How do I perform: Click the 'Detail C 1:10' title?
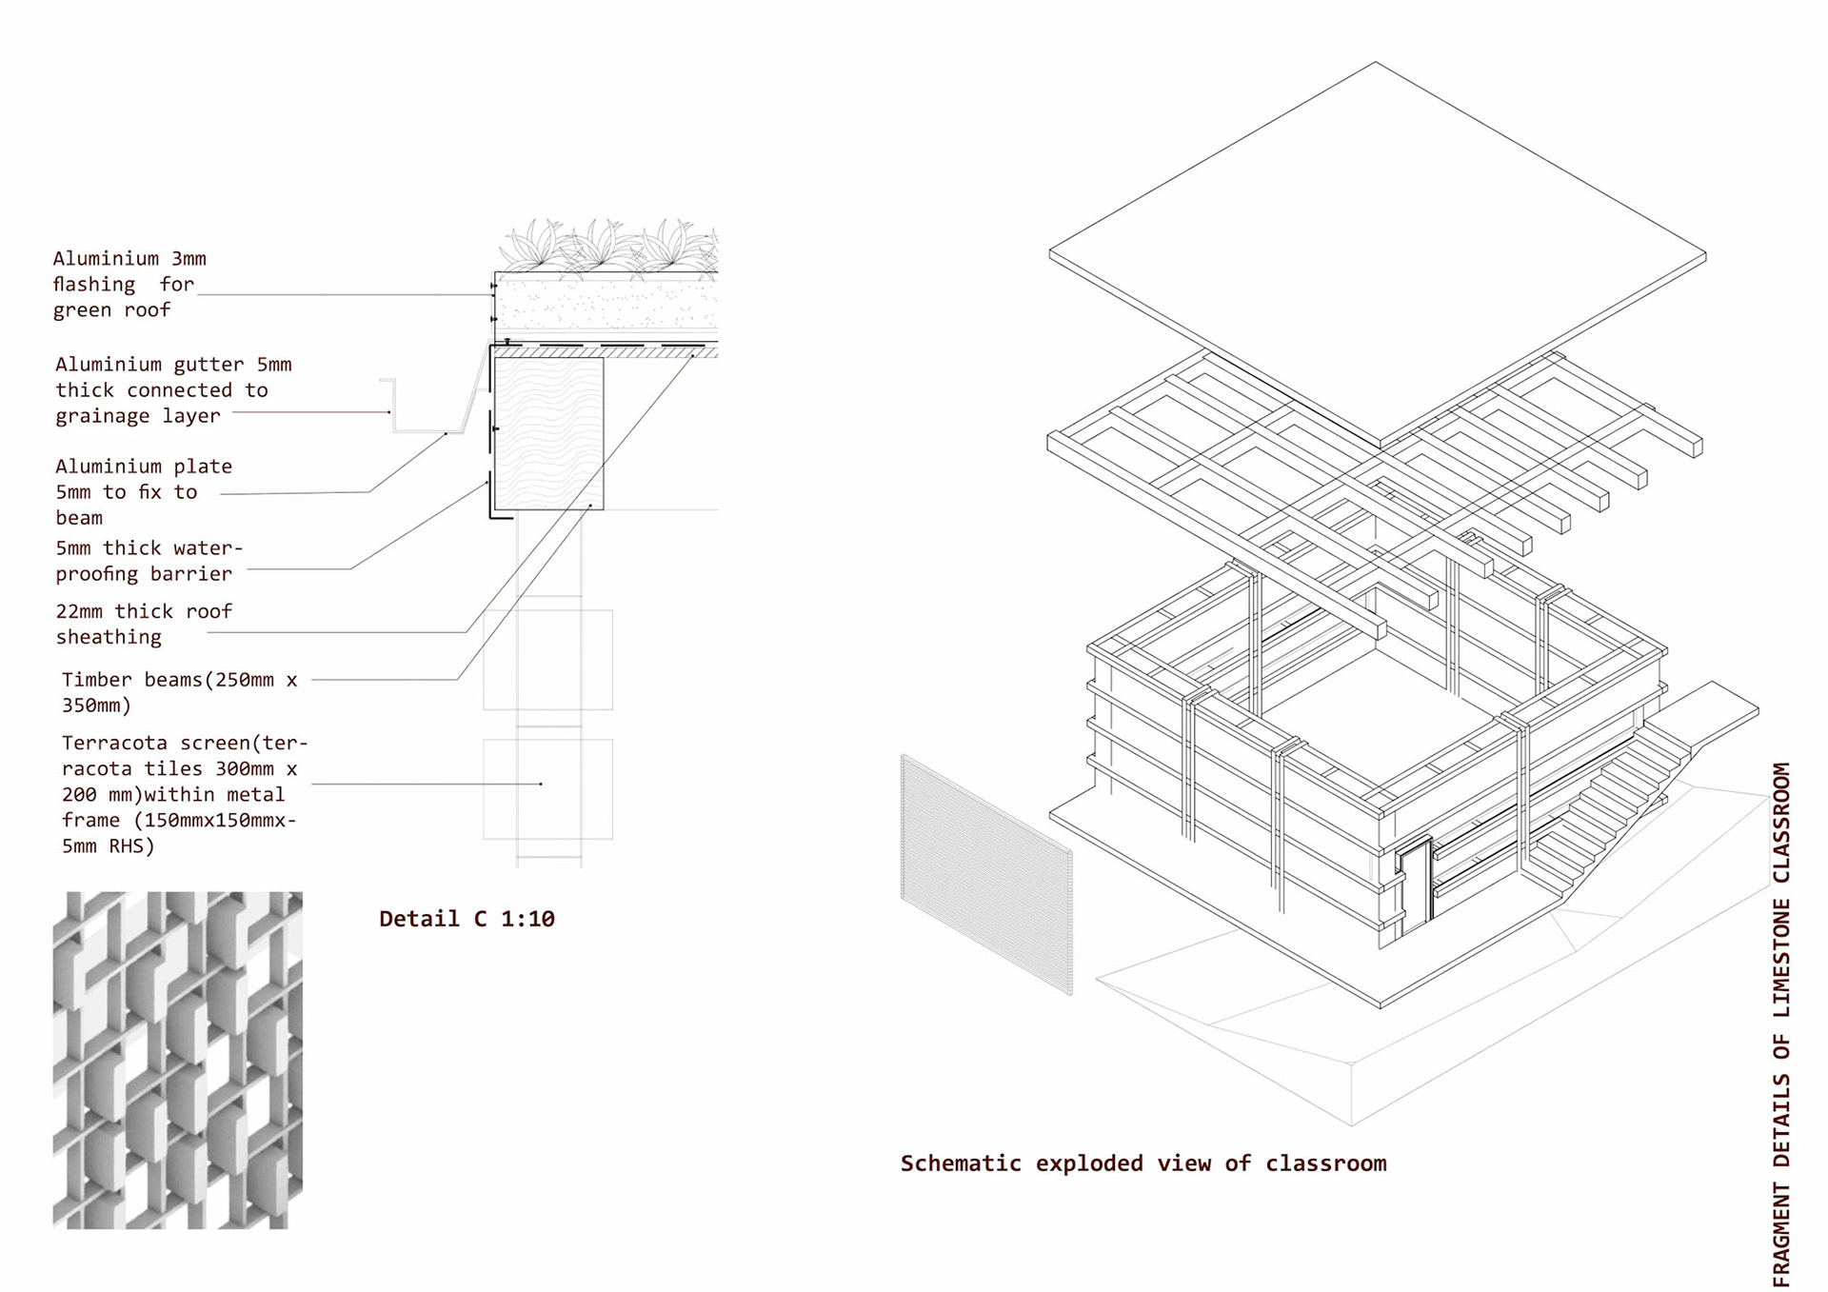tap(467, 919)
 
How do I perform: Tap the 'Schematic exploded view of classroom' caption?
tap(1142, 1163)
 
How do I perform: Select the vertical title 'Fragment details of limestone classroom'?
tap(1781, 1024)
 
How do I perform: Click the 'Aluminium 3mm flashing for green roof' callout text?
tap(129, 284)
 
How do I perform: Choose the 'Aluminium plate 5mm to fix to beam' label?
tap(143, 491)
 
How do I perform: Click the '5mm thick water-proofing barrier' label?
tap(149, 561)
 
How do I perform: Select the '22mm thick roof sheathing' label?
tap(143, 624)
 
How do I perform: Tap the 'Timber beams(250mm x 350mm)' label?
tap(179, 692)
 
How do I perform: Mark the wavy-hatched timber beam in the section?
tap(548, 433)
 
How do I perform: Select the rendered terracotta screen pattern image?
tap(177, 1060)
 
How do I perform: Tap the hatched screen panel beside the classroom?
tap(986, 874)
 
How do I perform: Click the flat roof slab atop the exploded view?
tap(1377, 253)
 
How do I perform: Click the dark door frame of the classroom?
tap(1415, 881)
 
